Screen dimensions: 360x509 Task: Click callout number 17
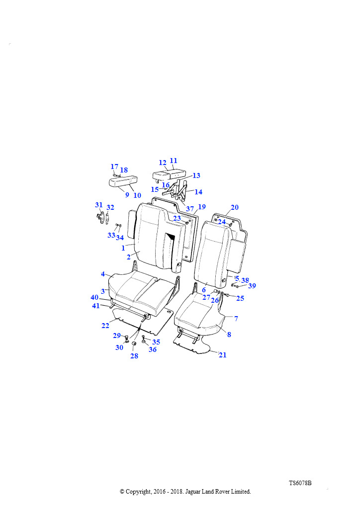114,167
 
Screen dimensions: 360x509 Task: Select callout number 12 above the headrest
163,163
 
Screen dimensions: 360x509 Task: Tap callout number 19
202,207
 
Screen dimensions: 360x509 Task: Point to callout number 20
235,207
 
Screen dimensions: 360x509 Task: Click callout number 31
98,205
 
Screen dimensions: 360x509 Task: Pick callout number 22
105,326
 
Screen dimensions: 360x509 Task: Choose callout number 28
134,356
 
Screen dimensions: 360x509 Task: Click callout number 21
222,355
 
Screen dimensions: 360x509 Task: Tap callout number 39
252,286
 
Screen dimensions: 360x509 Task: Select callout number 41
96,306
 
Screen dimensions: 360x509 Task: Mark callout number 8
229,335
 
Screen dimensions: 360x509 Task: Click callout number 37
190,209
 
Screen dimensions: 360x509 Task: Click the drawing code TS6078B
300,483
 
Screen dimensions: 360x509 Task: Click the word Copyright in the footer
138,492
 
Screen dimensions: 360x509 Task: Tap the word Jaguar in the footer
193,492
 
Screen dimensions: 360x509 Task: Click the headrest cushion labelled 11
169,175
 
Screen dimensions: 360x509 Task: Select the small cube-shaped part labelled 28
133,344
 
